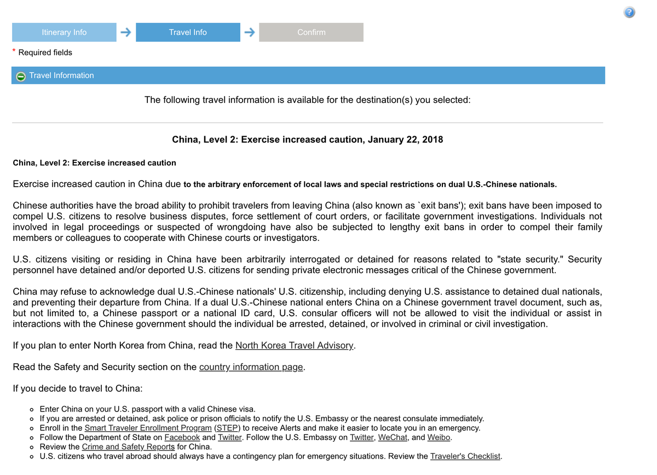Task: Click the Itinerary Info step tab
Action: (x=64, y=32)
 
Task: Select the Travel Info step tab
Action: (x=188, y=32)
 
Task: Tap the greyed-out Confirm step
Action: (x=311, y=32)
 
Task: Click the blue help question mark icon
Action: (x=630, y=13)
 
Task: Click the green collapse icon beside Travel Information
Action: (x=21, y=76)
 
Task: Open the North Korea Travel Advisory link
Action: (x=295, y=345)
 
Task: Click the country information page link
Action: (x=251, y=367)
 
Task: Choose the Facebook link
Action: (x=182, y=437)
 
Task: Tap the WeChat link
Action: (x=393, y=437)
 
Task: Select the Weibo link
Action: (x=439, y=437)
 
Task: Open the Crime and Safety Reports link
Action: (x=128, y=447)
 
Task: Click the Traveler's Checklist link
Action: (x=465, y=456)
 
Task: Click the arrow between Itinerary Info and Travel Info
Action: (x=126, y=32)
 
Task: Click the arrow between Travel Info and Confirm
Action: (x=250, y=32)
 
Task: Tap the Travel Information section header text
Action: (x=61, y=76)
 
